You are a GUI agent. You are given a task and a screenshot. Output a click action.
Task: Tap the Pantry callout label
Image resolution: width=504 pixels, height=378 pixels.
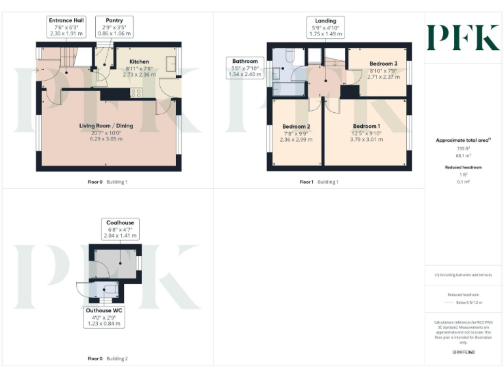(114, 26)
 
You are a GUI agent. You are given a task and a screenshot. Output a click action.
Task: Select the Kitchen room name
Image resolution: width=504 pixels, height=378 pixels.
(139, 61)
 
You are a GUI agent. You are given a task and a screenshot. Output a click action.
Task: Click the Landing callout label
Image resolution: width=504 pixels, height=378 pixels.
(325, 27)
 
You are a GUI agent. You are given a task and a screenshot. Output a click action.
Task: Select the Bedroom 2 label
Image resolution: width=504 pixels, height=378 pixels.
(296, 126)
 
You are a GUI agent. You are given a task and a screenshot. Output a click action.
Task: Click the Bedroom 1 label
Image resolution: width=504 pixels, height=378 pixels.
(366, 126)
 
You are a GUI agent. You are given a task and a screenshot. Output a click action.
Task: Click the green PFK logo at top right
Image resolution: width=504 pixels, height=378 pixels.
(463, 37)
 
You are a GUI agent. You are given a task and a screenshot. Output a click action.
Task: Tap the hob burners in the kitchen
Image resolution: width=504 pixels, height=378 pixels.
(137, 93)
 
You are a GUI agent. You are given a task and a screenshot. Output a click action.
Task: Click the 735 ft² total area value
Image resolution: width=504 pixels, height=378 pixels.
(463, 150)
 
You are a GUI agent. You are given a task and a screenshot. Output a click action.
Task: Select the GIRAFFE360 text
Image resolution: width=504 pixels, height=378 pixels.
(463, 353)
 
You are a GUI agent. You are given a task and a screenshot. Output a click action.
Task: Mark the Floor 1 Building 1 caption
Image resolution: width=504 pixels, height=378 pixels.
(318, 182)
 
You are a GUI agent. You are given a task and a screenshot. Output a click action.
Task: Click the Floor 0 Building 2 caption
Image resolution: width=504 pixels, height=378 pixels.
(108, 358)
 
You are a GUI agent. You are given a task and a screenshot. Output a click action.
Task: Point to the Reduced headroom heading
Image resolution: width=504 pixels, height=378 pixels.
(463, 167)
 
